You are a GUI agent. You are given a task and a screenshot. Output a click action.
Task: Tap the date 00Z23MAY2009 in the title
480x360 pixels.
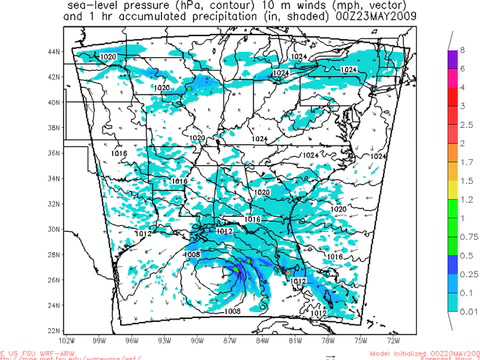click(x=357, y=17)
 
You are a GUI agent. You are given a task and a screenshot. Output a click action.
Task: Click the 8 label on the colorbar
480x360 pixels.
click(x=462, y=50)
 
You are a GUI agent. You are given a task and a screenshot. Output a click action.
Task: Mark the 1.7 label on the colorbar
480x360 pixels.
click(x=464, y=162)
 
